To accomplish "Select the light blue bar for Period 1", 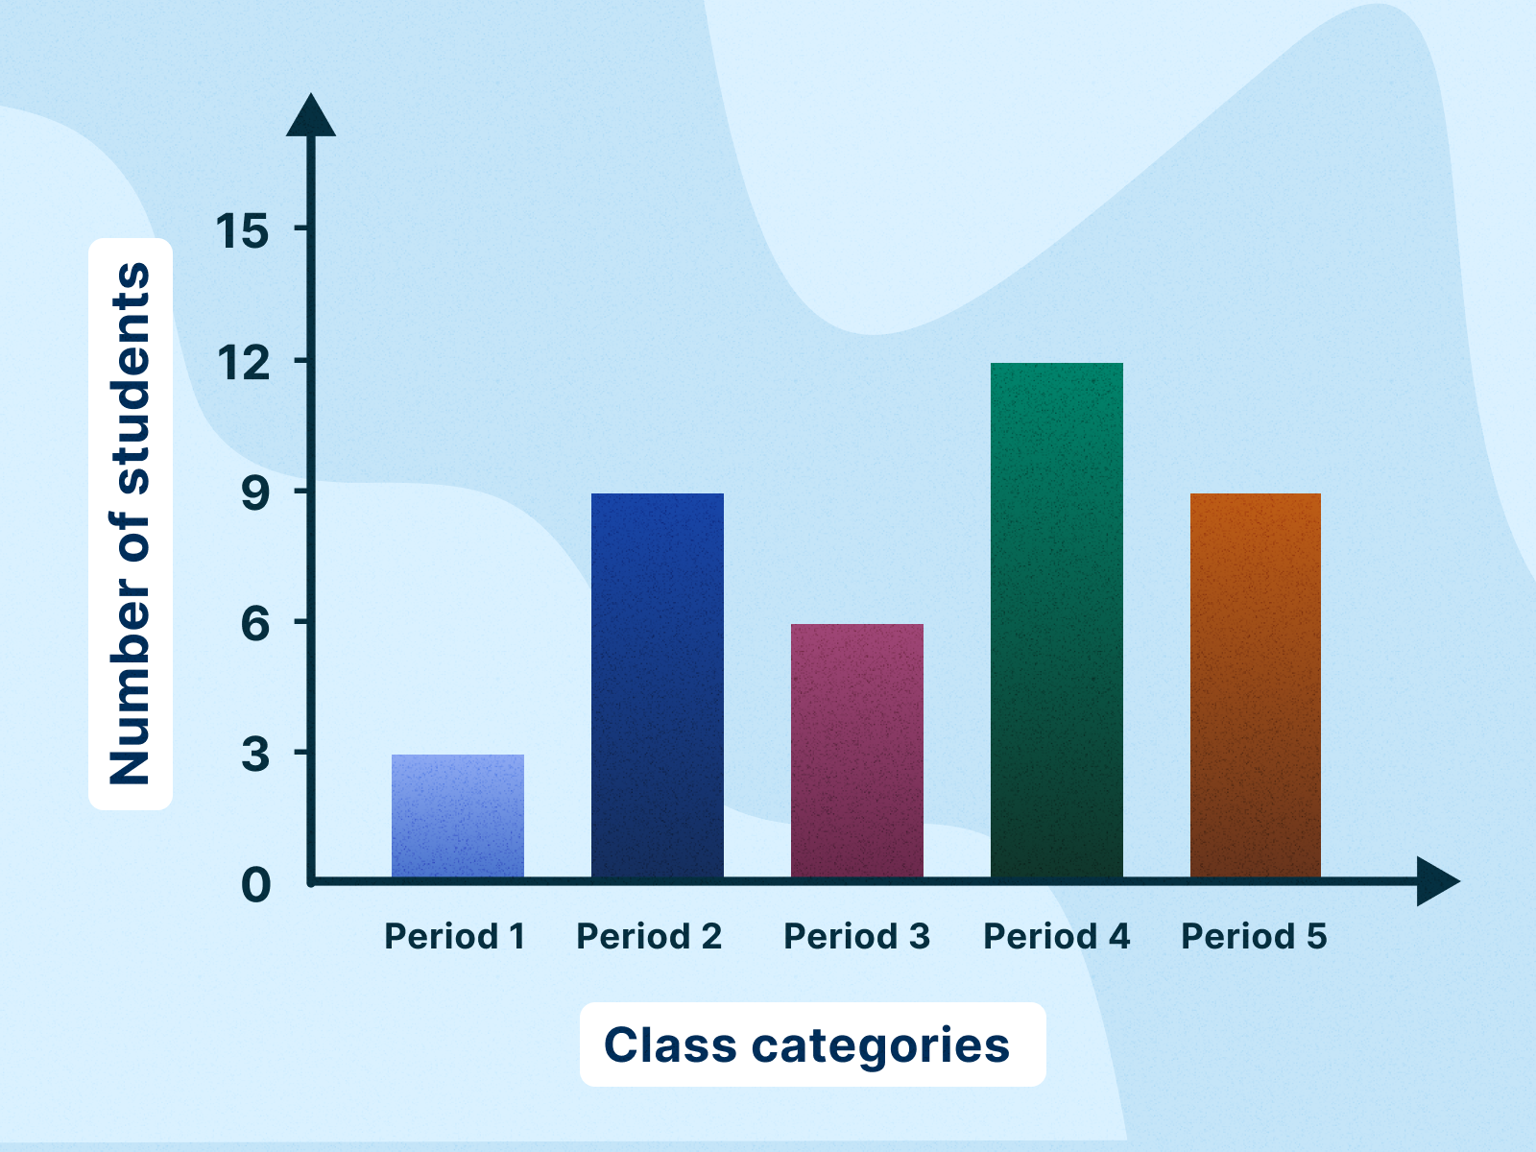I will [458, 816].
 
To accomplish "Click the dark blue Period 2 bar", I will [658, 685].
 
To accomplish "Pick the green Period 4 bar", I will [1057, 620].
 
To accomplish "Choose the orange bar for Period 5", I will [1256, 685].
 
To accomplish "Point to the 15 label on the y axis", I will [242, 231].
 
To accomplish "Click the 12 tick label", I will [243, 363].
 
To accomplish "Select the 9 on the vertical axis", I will [255, 493].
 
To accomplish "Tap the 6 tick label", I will [255, 624].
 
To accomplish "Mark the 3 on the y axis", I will [255, 755].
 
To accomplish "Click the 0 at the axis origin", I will [256, 885].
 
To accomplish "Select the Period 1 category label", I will [455, 936].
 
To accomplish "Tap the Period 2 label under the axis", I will [649, 936].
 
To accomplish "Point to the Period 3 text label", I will [856, 936].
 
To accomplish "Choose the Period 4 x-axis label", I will [1056, 936].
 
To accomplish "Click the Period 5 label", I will [1254, 936].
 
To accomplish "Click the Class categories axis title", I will [807, 1044].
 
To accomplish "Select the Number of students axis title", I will [131, 523].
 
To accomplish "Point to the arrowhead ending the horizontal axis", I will [1437, 881].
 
